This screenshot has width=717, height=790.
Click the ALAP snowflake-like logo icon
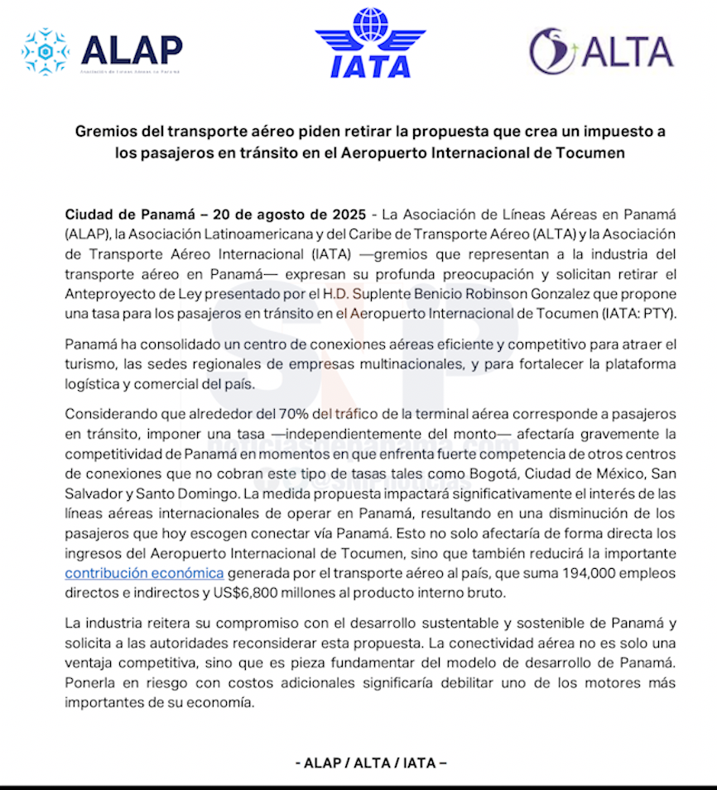point(46,51)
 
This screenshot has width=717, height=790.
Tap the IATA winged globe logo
point(370,42)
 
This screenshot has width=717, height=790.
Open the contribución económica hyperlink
point(144,572)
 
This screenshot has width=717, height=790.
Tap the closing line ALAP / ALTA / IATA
point(370,763)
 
